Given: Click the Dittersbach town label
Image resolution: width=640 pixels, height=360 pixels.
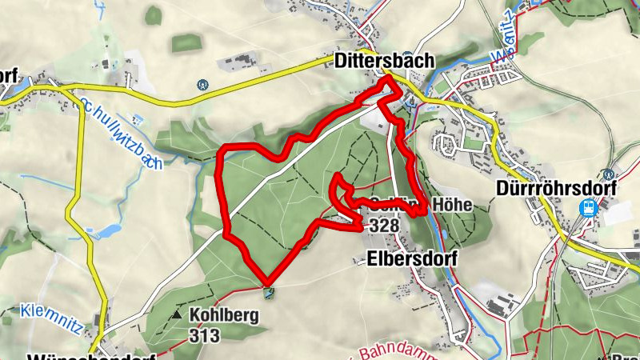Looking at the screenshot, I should pyautogui.click(x=384, y=61).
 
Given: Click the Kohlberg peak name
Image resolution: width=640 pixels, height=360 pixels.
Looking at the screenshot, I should pyautogui.click(x=225, y=315).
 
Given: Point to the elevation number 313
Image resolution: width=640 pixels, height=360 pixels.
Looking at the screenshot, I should pyautogui.click(x=206, y=336).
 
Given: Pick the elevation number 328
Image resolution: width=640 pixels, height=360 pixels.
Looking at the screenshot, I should pyautogui.click(x=384, y=226).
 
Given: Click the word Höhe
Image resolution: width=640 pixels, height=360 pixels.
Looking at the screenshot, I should pyautogui.click(x=453, y=206).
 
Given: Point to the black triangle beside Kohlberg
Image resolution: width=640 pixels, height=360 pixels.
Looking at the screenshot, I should pyautogui.click(x=177, y=315).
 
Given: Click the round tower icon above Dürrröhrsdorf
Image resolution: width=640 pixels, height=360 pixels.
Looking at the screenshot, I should pyautogui.click(x=610, y=173).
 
